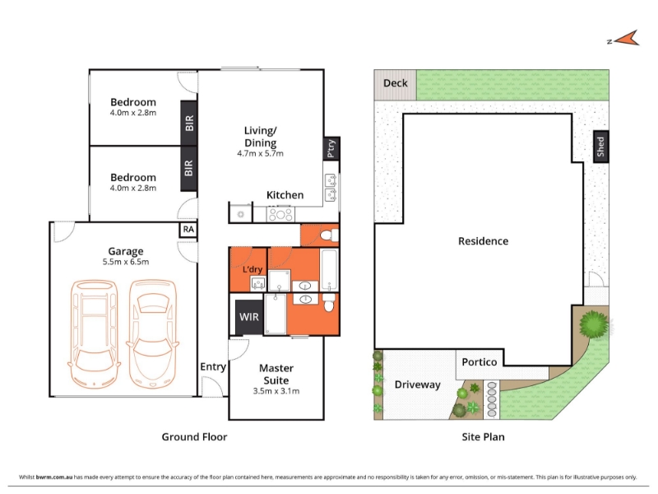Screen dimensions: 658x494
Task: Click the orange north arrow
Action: pyautogui.click(x=627, y=39)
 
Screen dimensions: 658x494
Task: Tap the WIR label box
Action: pyautogui.click(x=249, y=317)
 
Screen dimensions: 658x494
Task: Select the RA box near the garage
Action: pyautogui.click(x=188, y=230)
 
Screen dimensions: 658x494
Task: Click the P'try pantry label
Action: pyautogui.click(x=331, y=148)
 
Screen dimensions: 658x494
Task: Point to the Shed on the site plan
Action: pyautogui.click(x=601, y=147)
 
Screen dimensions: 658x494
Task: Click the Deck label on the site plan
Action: pyautogui.click(x=396, y=83)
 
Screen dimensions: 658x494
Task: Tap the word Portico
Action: pyautogui.click(x=480, y=362)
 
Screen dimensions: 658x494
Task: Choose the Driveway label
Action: pyautogui.click(x=418, y=384)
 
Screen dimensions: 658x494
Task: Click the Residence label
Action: pyautogui.click(x=483, y=241)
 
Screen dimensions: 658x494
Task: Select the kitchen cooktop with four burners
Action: pyautogui.click(x=280, y=215)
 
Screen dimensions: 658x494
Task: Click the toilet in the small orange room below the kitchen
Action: pyautogui.click(x=330, y=235)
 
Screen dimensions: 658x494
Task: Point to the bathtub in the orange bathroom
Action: pyautogui.click(x=329, y=270)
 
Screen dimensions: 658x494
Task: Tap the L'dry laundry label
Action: pyautogui.click(x=253, y=269)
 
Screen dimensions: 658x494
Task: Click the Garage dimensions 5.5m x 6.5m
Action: pyautogui.click(x=126, y=262)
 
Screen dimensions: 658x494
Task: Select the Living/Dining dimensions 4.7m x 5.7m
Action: pyautogui.click(x=260, y=154)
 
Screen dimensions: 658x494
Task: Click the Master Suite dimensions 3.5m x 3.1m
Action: pyautogui.click(x=276, y=391)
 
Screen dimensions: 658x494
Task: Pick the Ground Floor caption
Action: pyautogui.click(x=194, y=437)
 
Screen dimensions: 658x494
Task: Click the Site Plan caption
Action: pyautogui.click(x=483, y=437)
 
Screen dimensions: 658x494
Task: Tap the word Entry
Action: pyautogui.click(x=213, y=367)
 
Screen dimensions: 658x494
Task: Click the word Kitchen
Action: pyautogui.click(x=285, y=195)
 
